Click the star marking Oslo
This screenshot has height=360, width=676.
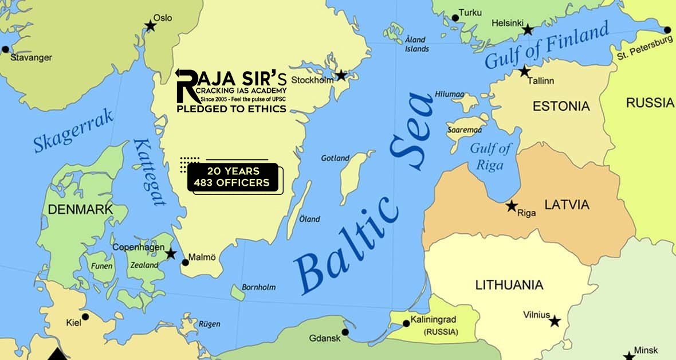point(150,25)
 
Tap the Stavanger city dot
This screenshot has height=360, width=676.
point(6,49)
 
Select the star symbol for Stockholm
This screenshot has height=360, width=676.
point(341,75)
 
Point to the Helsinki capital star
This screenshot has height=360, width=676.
point(528,29)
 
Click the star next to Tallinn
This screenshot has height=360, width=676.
point(524,72)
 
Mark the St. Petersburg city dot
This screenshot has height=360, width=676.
point(667,30)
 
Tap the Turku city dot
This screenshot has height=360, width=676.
point(455,18)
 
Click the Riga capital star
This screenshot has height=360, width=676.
point(512,206)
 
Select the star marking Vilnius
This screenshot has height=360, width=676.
point(555,321)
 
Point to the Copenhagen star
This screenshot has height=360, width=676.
point(170,253)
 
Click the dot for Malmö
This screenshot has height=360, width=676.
point(185,263)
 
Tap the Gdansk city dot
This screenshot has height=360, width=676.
point(345,332)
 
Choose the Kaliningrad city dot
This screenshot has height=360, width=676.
point(406,323)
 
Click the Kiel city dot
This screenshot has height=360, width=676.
point(85,316)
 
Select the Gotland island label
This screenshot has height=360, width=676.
point(335,158)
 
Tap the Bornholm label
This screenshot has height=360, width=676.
point(259,287)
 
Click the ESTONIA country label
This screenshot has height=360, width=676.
point(561,106)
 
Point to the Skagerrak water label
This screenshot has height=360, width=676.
point(74,131)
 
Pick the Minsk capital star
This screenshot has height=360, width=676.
point(630,355)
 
